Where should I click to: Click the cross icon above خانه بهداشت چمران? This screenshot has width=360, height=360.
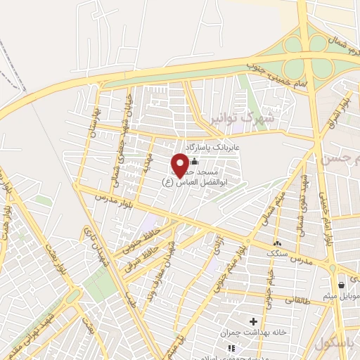tap(252, 321)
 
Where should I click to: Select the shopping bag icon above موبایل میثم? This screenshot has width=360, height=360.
tap(341, 285)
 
